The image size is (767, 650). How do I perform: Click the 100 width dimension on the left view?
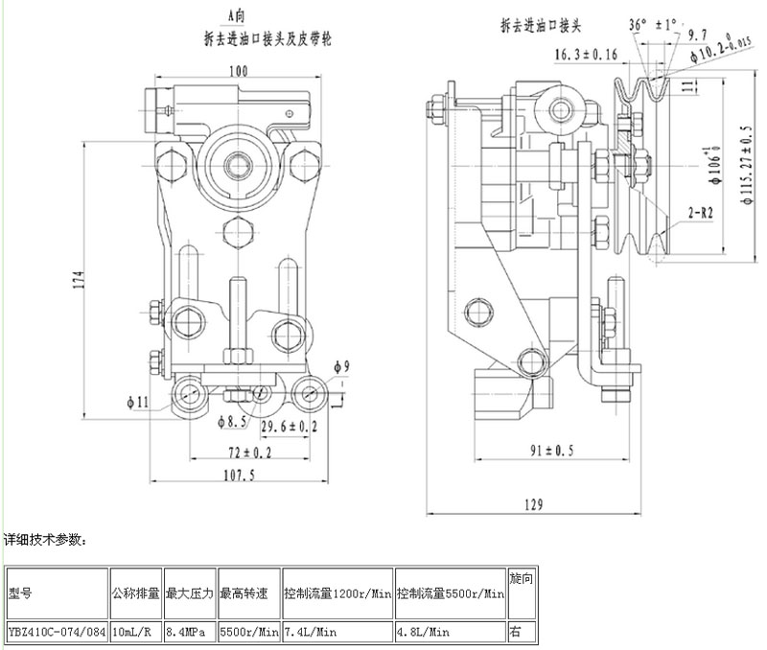coord(239,71)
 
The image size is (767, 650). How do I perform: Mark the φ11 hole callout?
coord(136,402)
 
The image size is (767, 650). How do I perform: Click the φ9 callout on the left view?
coord(341,366)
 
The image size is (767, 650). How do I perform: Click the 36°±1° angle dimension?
coord(652,23)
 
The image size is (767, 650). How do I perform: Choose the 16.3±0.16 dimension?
coord(586,54)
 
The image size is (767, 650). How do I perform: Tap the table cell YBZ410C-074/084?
coord(56,632)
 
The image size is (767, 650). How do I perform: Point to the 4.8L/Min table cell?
coord(422,632)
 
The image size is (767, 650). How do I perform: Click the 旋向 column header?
coord(520,581)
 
